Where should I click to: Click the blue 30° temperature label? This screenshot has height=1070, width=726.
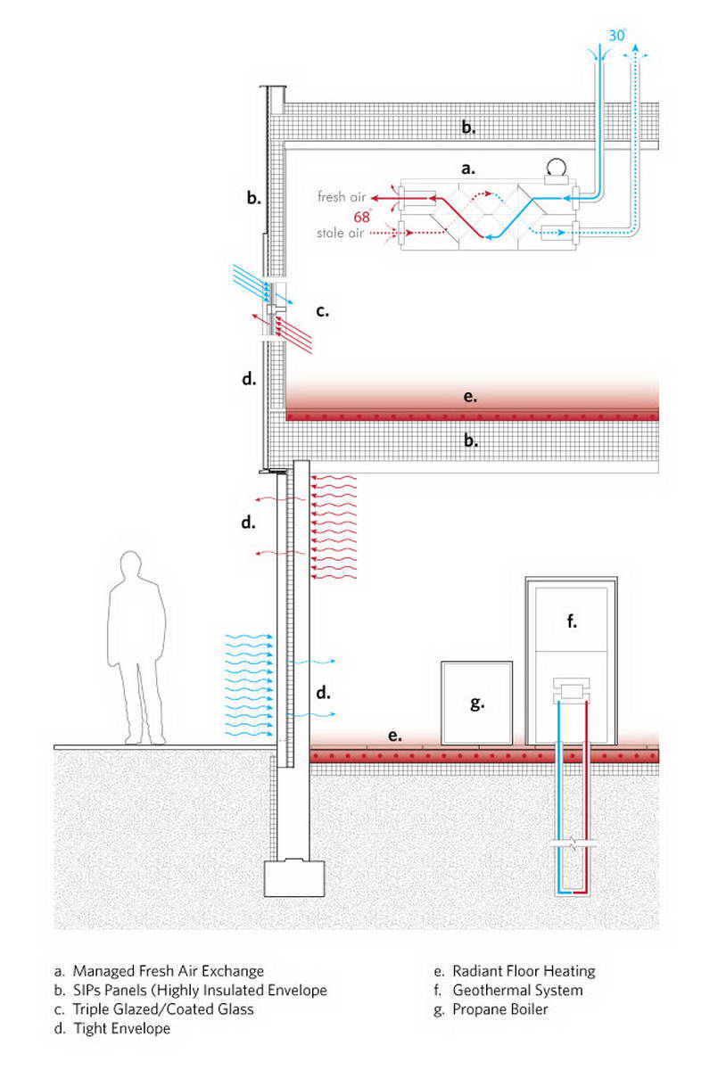(616, 36)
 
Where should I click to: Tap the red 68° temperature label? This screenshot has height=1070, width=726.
(362, 217)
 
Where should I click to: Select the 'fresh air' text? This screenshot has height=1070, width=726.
(342, 196)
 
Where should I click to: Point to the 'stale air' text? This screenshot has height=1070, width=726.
(340, 233)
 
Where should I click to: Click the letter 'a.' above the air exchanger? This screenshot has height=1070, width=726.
(468, 169)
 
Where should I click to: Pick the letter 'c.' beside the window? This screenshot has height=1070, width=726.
(323, 311)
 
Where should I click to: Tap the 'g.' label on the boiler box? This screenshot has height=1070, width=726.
(477, 703)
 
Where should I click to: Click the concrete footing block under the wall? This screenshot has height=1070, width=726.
(294, 877)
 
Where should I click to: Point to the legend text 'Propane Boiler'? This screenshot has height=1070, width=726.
(500, 1009)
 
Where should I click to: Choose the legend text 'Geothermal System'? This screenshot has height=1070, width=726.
(517, 991)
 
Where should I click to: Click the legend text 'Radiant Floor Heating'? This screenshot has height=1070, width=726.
(524, 971)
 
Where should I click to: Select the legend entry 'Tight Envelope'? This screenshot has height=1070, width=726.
(122, 1028)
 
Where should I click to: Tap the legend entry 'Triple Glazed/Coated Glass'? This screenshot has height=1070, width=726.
(163, 1009)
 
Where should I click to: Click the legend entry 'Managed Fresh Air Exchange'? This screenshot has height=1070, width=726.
(169, 971)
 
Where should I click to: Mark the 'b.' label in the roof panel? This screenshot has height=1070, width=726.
(468, 127)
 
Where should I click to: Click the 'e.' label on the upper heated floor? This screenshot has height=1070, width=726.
(470, 396)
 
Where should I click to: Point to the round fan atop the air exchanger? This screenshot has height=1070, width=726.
(557, 168)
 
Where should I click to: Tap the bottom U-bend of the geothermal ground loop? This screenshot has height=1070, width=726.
(573, 892)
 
